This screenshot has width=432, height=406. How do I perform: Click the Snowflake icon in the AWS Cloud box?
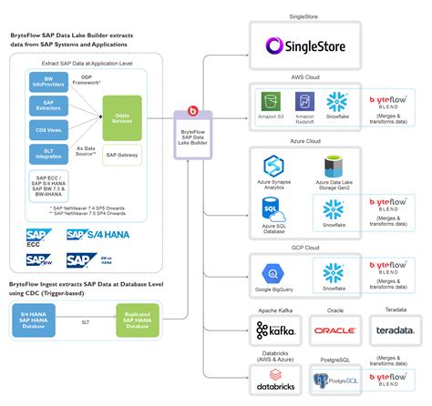pos(338,102)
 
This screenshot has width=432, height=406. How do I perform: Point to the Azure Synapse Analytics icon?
pos(276,166)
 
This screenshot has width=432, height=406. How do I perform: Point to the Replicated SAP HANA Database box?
pos(138,323)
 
